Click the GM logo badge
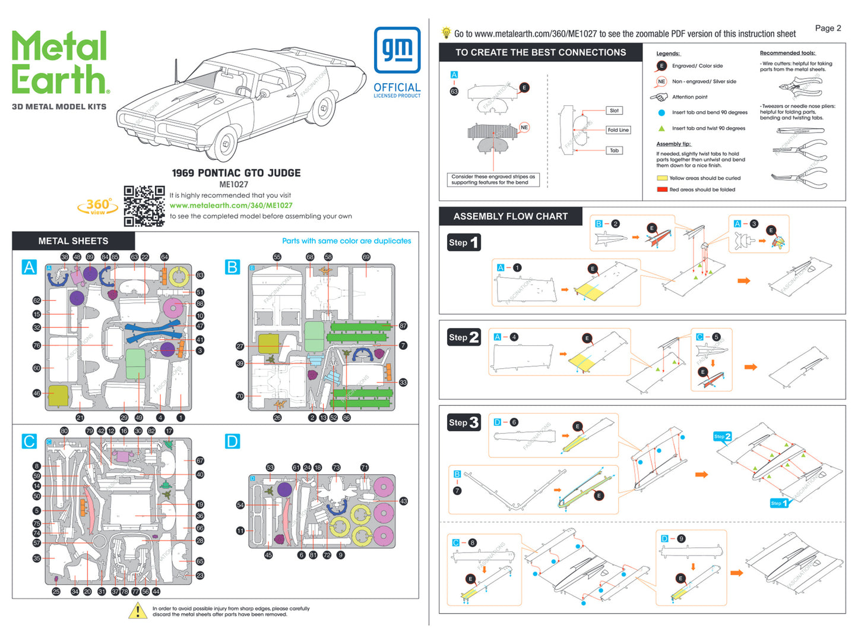397,50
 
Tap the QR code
144,206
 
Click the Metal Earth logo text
60,63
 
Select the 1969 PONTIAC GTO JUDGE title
236,173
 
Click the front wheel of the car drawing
225,144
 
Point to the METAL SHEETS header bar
74,241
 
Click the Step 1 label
464,242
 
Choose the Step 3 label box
464,422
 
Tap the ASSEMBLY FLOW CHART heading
511,216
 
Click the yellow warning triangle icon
138,611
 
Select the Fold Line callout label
618,130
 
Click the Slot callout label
614,111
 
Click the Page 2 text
828,28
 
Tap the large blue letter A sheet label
29,267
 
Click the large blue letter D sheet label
232,441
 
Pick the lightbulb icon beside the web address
446,33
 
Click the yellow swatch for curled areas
662,178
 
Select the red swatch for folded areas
662,190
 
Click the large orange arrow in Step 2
751,367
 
